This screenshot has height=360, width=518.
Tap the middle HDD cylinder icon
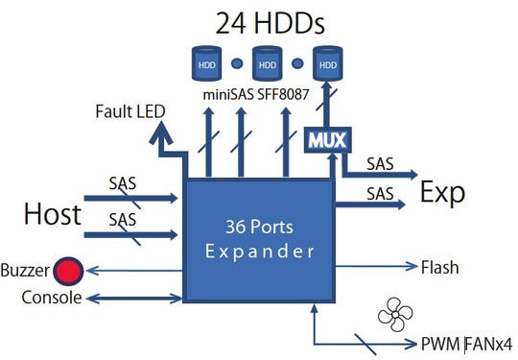point(266,64)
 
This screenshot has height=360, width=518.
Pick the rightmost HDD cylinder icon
point(327,64)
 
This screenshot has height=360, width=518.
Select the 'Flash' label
point(439,267)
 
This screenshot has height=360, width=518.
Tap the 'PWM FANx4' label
point(465,343)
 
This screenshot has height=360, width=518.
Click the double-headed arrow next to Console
point(134,299)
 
